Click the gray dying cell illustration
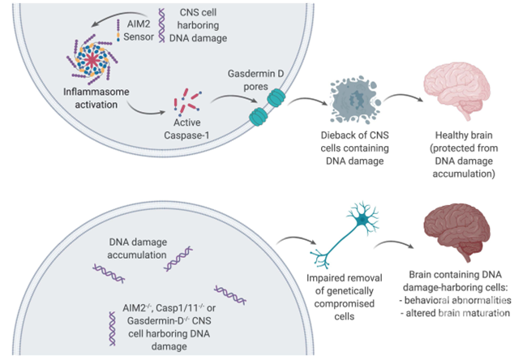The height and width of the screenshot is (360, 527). pyautogui.click(x=354, y=100)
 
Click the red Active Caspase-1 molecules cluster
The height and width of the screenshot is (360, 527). pyautogui.click(x=187, y=101)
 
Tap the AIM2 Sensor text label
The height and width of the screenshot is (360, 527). pyautogui.click(x=139, y=30)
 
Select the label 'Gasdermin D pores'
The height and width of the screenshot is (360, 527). pyautogui.click(x=255, y=80)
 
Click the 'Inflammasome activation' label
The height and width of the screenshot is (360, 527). pyautogui.click(x=96, y=98)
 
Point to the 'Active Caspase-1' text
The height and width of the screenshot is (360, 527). pyautogui.click(x=186, y=129)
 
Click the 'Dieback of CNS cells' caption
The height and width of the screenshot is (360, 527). pyautogui.click(x=354, y=148)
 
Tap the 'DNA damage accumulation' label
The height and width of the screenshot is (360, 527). pyautogui.click(x=137, y=248)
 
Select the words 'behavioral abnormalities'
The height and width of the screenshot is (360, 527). pyautogui.click(x=458, y=300)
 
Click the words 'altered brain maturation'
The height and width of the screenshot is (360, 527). pyautogui.click(x=458, y=313)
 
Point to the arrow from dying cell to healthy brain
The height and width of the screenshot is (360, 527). pyautogui.click(x=403, y=96)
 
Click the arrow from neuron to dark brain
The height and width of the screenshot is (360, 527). pyautogui.click(x=393, y=242)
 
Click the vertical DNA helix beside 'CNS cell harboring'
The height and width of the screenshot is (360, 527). pyautogui.click(x=162, y=26)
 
